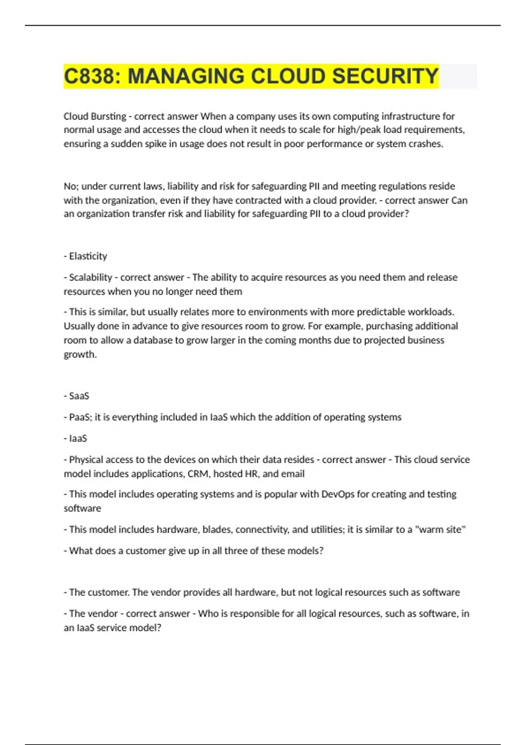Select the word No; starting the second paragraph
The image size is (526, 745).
click(x=71, y=186)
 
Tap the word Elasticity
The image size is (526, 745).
click(x=88, y=256)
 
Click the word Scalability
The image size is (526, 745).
click(x=90, y=277)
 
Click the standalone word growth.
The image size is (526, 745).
click(x=79, y=354)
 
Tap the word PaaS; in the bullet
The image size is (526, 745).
click(x=80, y=417)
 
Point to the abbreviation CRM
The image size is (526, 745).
click(x=198, y=474)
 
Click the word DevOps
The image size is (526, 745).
click(x=338, y=494)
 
